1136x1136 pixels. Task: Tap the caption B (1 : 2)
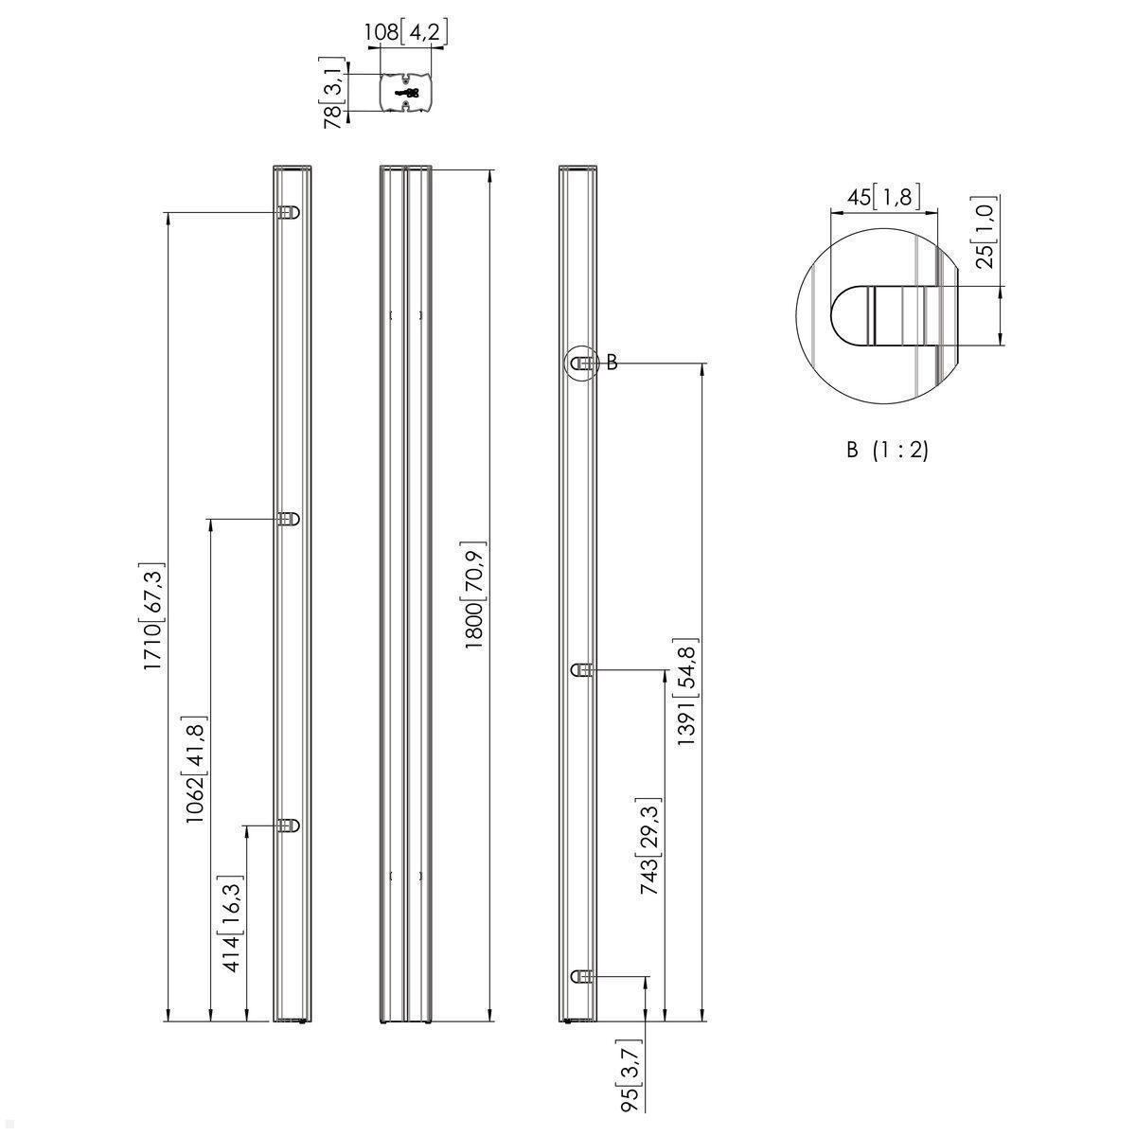pos(887,451)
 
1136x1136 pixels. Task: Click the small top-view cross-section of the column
pos(406,93)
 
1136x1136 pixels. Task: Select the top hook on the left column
pos(289,213)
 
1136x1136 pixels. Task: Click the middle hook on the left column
pos(289,519)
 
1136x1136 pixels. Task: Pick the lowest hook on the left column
pos(289,825)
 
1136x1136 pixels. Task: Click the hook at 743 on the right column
pos(582,670)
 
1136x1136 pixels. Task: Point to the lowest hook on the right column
pos(582,976)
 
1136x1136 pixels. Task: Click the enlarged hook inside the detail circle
pos(880,315)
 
